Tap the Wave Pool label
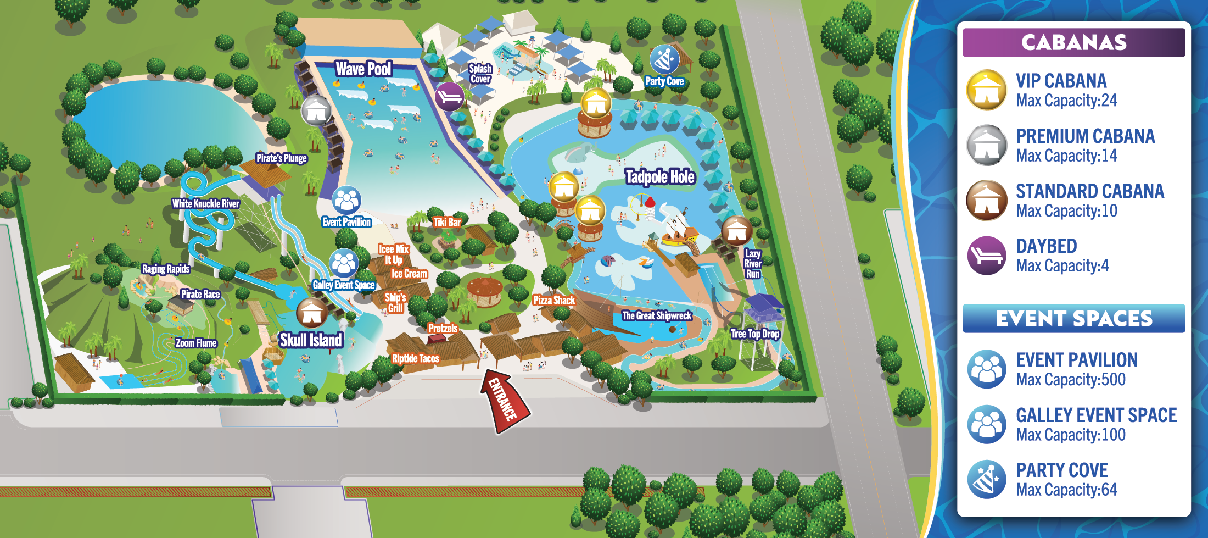[x=363, y=69]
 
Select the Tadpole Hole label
[x=660, y=177]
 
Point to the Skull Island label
[x=311, y=340]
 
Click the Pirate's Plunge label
[x=281, y=158]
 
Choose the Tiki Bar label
[x=447, y=223]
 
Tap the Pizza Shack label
[x=553, y=300]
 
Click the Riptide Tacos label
[x=415, y=359]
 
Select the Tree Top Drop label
[x=755, y=334]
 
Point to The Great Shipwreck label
[x=657, y=316]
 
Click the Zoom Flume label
[x=196, y=343]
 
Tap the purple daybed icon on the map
[x=450, y=97]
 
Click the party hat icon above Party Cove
[x=664, y=59]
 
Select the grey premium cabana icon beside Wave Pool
[x=316, y=110]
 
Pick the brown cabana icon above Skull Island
[x=312, y=312]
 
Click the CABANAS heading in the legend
[x=1073, y=42]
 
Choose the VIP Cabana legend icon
[x=987, y=90]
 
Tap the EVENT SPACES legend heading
[x=1073, y=319]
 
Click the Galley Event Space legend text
[x=1096, y=415]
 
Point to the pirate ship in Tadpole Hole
[x=680, y=229]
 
